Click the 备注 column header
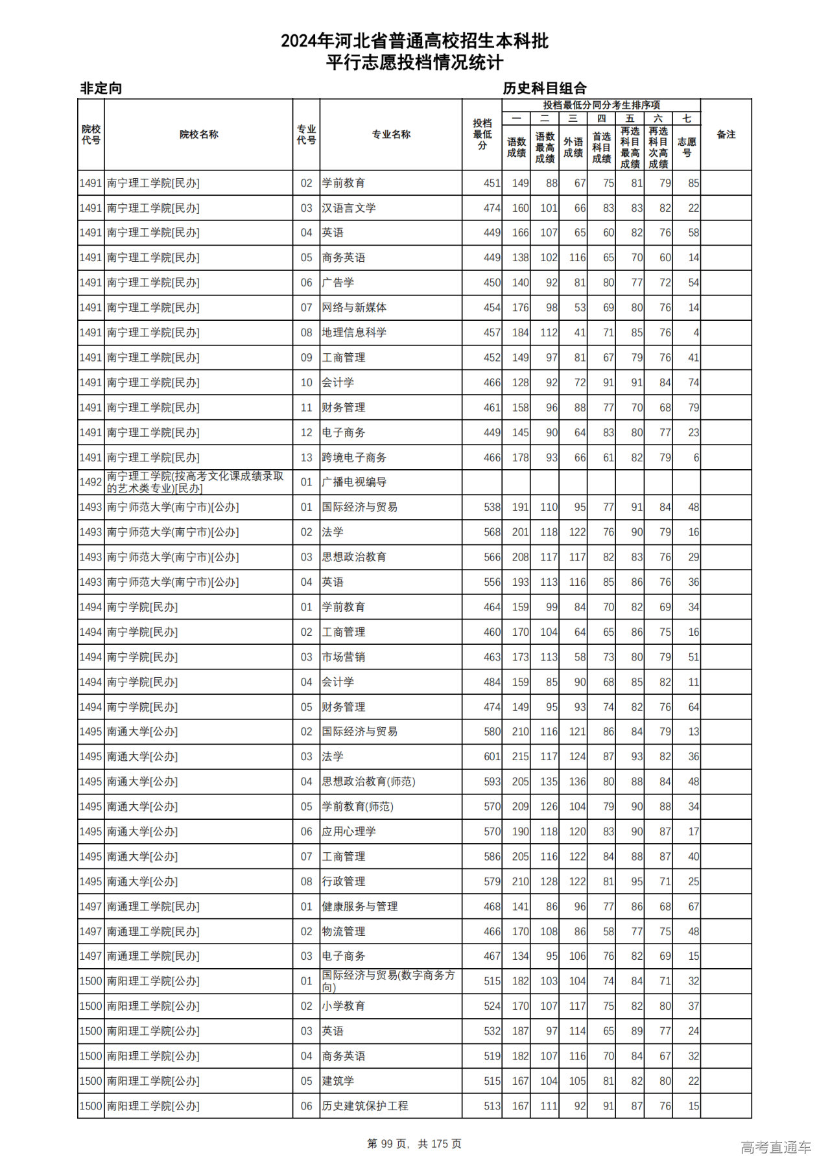point(726,135)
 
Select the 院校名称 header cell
point(198,135)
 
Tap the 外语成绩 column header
point(573,147)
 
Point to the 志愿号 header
point(686,147)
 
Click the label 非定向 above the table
point(101,88)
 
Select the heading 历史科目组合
point(544,88)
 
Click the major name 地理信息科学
point(354,332)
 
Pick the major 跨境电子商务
point(354,458)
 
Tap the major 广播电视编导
point(354,482)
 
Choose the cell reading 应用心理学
point(349,831)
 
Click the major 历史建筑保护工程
point(365,1106)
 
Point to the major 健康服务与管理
point(360,907)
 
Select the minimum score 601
point(492,757)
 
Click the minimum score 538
point(492,507)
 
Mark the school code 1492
point(91,482)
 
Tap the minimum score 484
point(492,682)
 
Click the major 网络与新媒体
point(354,308)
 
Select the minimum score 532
point(492,1031)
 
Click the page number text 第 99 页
point(388,1144)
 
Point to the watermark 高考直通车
point(776,1148)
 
